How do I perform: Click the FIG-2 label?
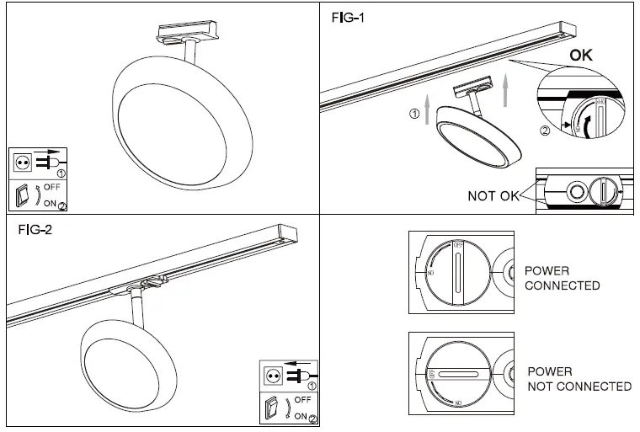(35, 229)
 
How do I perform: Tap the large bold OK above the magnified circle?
(581, 56)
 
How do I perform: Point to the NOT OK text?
(493, 196)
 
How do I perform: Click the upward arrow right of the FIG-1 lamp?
(506, 88)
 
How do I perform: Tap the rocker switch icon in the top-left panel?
(24, 195)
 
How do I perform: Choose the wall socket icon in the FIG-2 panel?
(272, 374)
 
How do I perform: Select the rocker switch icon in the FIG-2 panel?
(272, 408)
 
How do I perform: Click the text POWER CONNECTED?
(562, 278)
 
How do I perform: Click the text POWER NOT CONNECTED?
(579, 379)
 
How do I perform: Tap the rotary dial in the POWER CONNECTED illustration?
(455, 272)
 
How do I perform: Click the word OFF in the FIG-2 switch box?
(303, 399)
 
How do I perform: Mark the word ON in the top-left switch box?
(51, 202)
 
